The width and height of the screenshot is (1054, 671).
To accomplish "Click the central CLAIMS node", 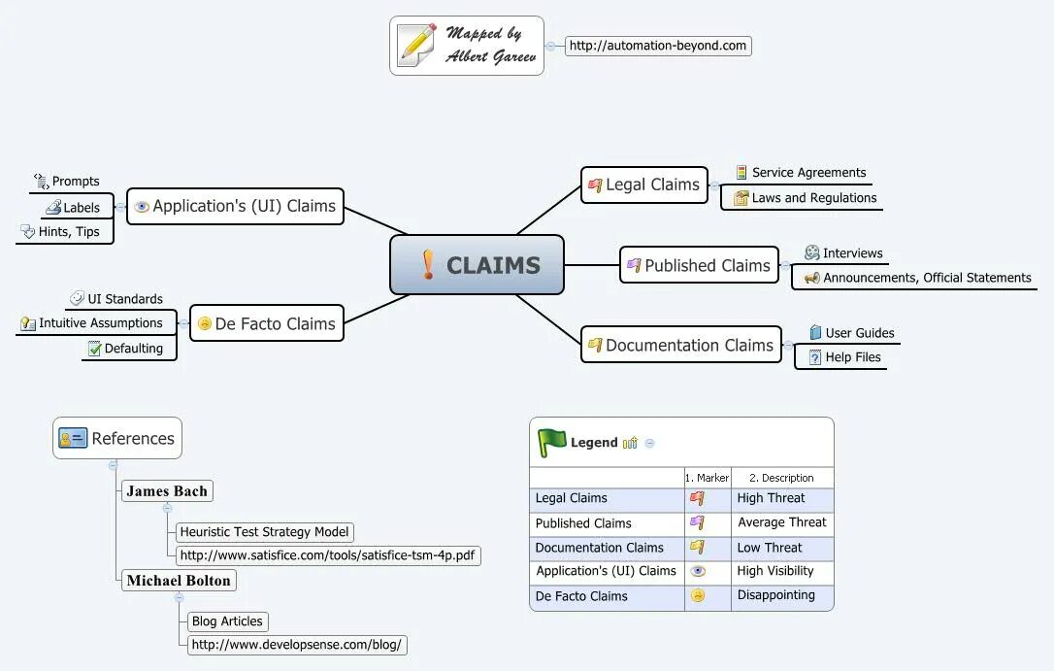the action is click(x=477, y=265).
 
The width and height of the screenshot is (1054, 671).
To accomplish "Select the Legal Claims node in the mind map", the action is click(x=644, y=185).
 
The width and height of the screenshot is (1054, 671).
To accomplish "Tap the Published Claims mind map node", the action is click(x=699, y=265).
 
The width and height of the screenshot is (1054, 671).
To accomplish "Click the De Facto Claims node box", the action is click(x=267, y=323).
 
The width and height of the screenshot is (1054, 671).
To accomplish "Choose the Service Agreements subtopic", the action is click(x=801, y=173).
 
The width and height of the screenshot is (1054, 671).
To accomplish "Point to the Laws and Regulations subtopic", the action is click(x=806, y=198).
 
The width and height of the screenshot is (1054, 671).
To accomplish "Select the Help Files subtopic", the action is click(x=845, y=357).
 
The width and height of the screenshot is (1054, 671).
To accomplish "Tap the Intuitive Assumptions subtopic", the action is click(x=92, y=323).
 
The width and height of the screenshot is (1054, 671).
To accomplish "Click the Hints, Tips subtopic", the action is click(x=61, y=232).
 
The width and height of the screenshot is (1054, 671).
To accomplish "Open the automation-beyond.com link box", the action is click(x=658, y=46).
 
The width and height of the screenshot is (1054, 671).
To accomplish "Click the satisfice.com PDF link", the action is click(x=327, y=555).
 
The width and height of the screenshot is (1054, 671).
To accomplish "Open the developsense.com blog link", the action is click(x=296, y=645).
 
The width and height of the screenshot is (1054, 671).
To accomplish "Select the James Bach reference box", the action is click(x=167, y=490).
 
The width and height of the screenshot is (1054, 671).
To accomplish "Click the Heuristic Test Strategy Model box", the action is click(x=264, y=532).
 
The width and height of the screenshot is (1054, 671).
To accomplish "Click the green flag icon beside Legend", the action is click(x=552, y=443).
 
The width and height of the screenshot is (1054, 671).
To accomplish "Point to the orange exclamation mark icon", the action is click(x=428, y=264).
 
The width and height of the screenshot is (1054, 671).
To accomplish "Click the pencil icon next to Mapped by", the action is click(x=416, y=45).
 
